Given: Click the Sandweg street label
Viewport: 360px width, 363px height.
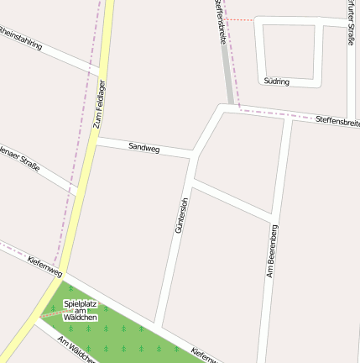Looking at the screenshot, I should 144,147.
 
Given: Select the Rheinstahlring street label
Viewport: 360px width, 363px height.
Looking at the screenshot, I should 21,39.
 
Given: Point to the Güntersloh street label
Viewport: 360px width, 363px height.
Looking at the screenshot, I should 180,214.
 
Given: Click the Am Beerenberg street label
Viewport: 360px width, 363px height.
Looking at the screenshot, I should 272,250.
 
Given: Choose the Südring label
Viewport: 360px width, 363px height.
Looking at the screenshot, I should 276,82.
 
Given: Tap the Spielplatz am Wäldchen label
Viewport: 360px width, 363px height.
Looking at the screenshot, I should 81,310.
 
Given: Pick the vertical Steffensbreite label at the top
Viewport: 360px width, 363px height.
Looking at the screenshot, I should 220,18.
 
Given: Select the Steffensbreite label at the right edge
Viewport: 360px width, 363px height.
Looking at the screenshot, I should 337,123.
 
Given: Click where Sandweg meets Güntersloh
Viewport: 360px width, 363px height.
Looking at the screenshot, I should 191,155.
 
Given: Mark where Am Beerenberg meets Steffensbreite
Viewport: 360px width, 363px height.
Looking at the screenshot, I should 288,116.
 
